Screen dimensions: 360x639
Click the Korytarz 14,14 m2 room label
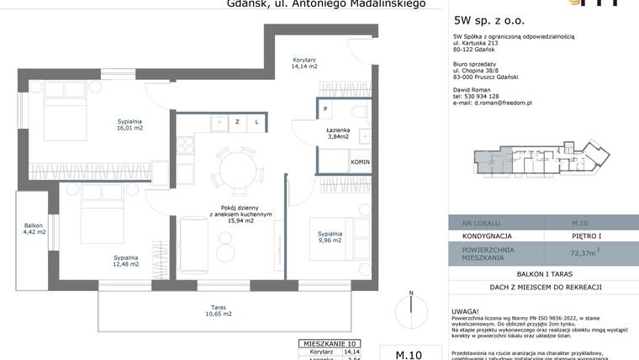click(x=304, y=63)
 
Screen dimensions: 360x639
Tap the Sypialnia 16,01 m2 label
click(x=130, y=125)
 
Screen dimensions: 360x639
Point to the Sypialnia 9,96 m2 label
click(x=330, y=236)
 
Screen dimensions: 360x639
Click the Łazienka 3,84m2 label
click(x=338, y=133)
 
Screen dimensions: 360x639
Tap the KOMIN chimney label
click(x=361, y=161)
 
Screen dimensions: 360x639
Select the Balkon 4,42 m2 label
click(x=34, y=228)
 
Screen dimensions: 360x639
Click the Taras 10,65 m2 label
click(x=218, y=310)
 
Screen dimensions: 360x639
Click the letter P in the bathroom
click(x=325, y=109)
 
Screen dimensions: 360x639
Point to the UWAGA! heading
click(x=467, y=310)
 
